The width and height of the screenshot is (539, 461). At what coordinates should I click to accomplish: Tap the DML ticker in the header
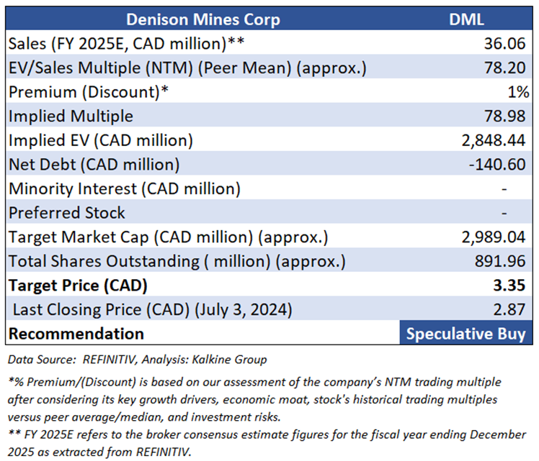pos(468,19)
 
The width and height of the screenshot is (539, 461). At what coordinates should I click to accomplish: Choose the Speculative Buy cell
pos(468,334)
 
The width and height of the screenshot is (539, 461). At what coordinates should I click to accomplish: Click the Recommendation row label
pos(76,334)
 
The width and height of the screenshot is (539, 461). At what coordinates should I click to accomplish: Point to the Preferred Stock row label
pos(67,213)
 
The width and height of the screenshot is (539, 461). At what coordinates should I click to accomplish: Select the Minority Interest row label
pos(125,188)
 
